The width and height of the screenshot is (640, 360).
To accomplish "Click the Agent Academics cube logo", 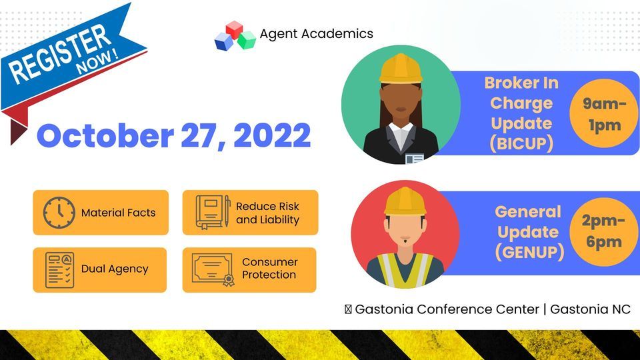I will (x=235, y=36).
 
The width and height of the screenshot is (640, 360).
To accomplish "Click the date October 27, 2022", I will (x=173, y=135).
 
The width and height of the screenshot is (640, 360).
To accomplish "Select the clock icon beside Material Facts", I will (x=59, y=213).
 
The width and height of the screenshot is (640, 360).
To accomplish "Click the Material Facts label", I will (x=118, y=213).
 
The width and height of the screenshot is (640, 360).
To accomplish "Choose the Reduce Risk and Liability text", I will (x=267, y=213).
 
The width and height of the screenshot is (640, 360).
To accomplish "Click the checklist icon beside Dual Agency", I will (x=59, y=269).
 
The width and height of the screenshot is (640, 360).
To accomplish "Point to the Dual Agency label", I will (x=115, y=269).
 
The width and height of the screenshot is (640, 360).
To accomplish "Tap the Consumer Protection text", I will (x=269, y=269).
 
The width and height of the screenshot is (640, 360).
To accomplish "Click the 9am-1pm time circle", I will (x=604, y=115).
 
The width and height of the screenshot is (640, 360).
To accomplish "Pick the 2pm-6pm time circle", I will (x=604, y=231).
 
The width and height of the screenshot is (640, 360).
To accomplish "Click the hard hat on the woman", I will (x=401, y=69).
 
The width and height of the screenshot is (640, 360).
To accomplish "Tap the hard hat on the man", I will (x=405, y=201).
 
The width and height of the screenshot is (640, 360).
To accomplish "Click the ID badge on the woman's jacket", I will (x=415, y=159).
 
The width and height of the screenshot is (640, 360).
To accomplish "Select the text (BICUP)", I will (x=521, y=143).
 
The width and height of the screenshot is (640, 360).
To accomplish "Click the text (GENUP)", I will (x=529, y=251).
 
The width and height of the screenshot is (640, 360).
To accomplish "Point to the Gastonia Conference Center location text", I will (x=493, y=309).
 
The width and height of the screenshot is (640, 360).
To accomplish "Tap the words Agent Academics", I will (x=316, y=33).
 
